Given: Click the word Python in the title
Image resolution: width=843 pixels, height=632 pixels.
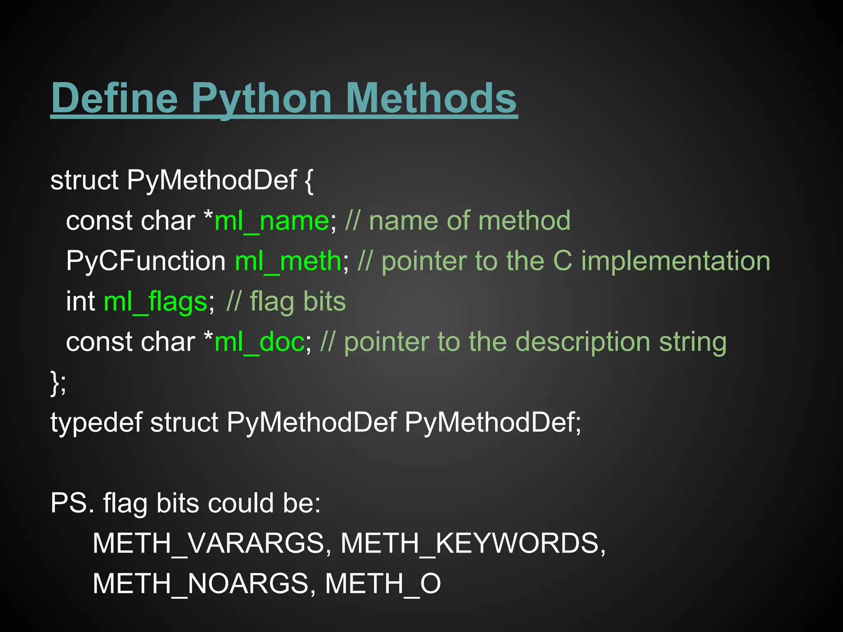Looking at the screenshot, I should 261,99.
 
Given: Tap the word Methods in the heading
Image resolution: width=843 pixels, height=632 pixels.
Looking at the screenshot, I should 431,99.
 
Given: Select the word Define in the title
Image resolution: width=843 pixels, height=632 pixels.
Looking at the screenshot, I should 114,99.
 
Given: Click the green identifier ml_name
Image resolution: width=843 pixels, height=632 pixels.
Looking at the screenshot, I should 272,221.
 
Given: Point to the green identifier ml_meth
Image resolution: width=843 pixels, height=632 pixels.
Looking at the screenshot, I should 288,261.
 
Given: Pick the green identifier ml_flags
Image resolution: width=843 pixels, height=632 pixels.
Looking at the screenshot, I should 155,302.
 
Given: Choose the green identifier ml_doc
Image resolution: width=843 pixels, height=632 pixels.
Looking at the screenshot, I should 259,342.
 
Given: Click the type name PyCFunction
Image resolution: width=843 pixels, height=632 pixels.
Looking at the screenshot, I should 146,261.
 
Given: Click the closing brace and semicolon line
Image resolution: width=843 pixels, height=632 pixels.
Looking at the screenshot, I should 58,383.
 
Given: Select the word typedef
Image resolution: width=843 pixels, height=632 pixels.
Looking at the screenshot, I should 96,423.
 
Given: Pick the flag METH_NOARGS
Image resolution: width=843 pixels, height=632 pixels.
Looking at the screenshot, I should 201,584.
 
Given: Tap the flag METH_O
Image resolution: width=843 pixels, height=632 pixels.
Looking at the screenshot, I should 383,584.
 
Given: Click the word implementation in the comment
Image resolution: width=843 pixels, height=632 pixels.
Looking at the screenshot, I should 675,261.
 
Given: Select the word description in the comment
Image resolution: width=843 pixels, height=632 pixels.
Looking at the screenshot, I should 582,342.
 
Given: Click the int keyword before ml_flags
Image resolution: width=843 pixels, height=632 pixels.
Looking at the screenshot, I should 81,302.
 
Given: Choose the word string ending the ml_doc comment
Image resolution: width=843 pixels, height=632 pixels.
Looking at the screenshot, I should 693,342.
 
